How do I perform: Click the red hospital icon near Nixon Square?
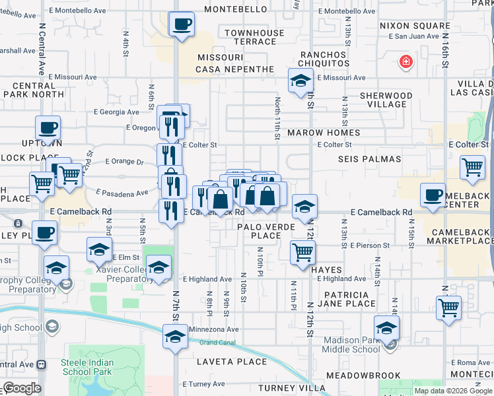pyautogui.click(x=406, y=63)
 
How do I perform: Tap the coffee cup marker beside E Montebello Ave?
pyautogui.click(x=182, y=25)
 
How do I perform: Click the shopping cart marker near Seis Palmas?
pyautogui.click(x=472, y=168)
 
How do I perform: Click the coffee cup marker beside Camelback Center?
pyautogui.click(x=433, y=195)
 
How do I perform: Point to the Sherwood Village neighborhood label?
pyautogui.click(x=386, y=100)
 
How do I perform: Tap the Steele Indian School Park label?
pyautogui.click(x=88, y=368)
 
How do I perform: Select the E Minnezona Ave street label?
pyautogui.click(x=213, y=329)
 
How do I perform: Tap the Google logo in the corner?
pyautogui.click(x=22, y=388)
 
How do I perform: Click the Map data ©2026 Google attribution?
pyautogui.click(x=452, y=391)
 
